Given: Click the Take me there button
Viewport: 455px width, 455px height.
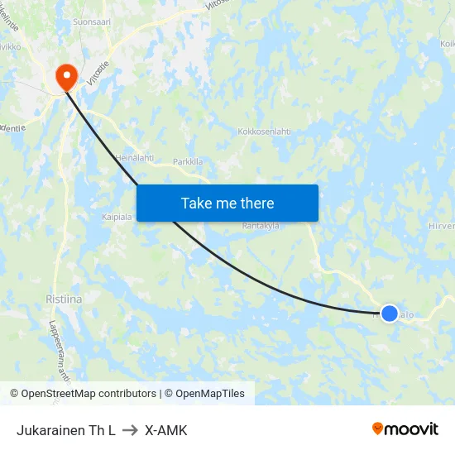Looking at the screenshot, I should pos(227,203).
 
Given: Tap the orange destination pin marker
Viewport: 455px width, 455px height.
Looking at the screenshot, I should pos(65,78).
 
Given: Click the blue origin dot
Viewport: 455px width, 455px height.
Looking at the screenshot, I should pos(389,314).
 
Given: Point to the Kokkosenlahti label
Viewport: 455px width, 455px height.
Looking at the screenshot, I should pos(265,132).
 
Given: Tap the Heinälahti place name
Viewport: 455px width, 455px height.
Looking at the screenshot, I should pos(134,157).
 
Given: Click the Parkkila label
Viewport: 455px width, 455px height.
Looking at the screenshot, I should pos(188,162).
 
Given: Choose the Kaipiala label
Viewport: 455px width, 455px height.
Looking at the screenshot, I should pos(117,218).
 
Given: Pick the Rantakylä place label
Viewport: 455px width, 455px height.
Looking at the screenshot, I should pos(261,225).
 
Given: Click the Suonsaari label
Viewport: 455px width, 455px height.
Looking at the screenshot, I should pos(91,22).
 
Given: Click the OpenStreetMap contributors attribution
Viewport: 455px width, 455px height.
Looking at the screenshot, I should pos(83,394).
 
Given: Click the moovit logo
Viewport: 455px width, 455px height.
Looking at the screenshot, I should pos(405,429).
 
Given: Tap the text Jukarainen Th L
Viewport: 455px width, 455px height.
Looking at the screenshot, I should pos(65,430).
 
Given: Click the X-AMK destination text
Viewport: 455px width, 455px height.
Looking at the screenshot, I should pos(165,430).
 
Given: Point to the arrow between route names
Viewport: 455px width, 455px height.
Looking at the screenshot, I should pos(130,430).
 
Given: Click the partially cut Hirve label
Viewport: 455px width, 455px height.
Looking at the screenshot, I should pos(442,225).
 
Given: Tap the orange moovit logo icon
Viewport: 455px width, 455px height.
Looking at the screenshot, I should pos(378,429).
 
